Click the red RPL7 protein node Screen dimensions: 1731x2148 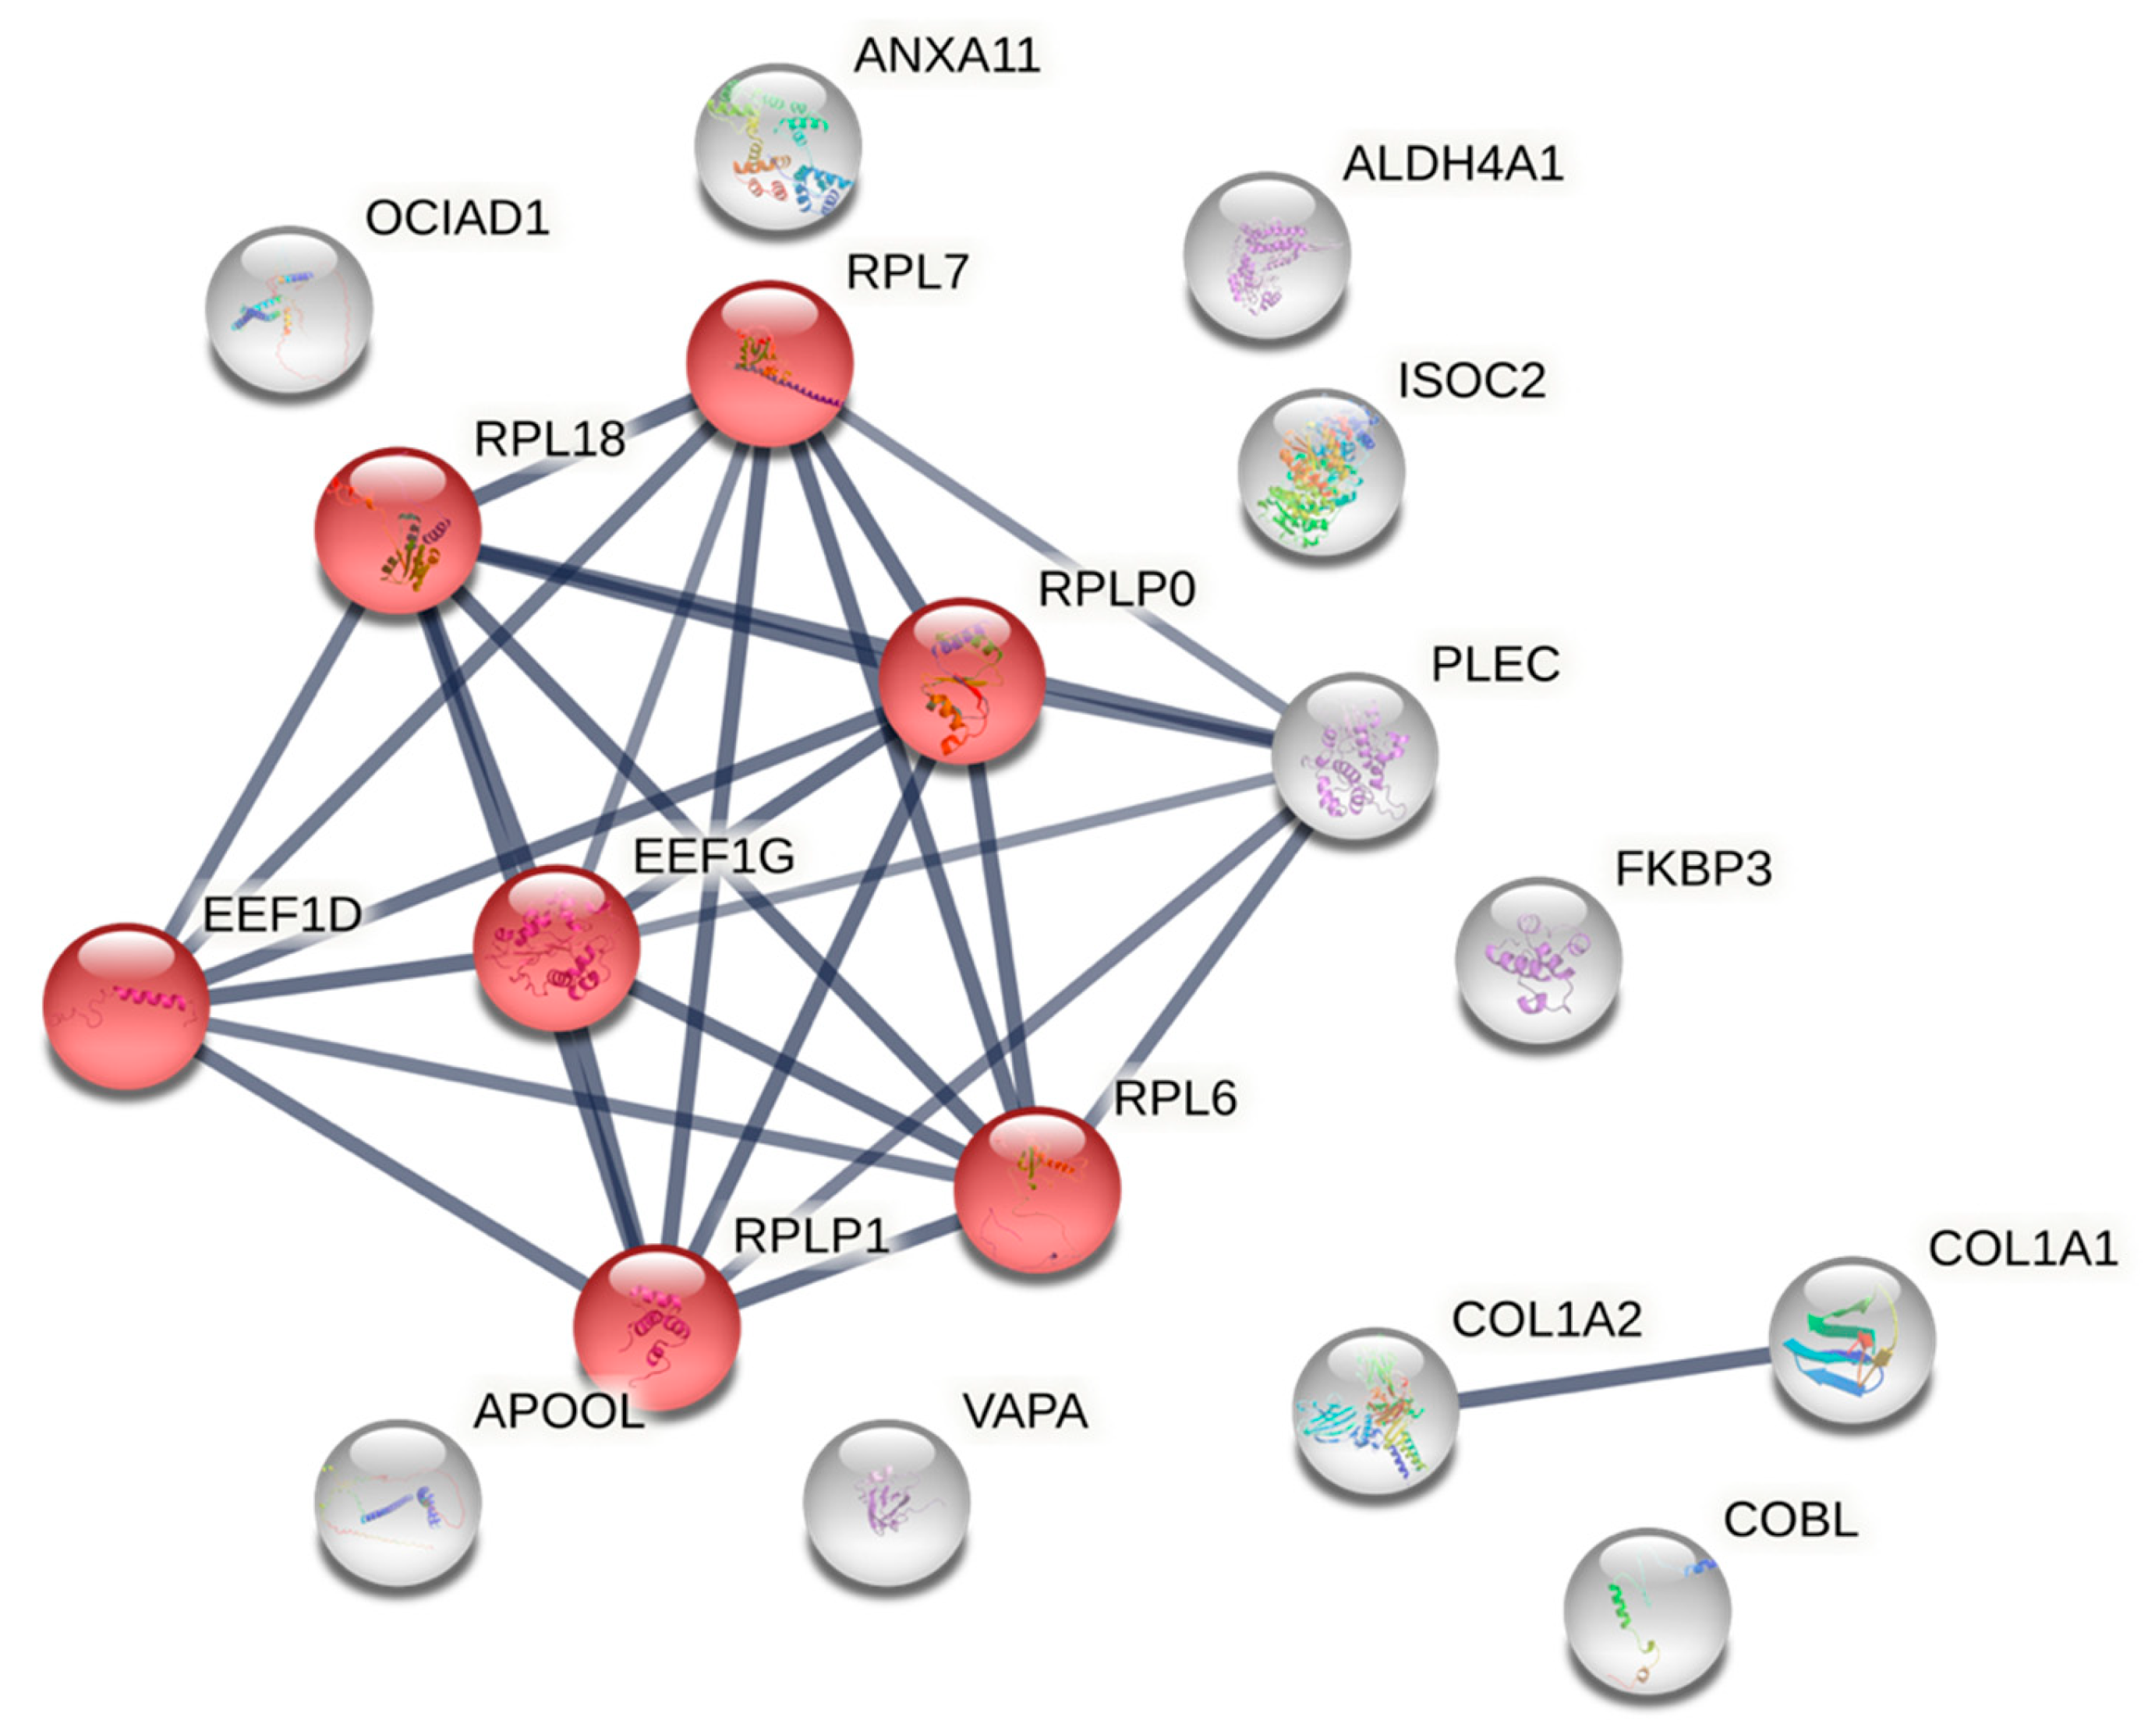(x=769, y=364)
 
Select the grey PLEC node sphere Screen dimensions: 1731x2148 (x=1354, y=756)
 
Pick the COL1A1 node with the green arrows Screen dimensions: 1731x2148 (x=1851, y=1341)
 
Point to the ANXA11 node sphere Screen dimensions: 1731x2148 (x=778, y=147)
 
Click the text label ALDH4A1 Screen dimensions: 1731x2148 (x=1452, y=164)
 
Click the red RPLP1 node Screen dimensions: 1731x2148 (x=656, y=1327)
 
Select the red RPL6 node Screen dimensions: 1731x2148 (x=1037, y=1189)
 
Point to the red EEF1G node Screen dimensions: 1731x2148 (x=555, y=947)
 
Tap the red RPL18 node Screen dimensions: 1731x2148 (x=397, y=531)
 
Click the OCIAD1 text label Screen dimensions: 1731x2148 (x=457, y=218)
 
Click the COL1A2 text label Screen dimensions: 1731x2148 (x=1545, y=1319)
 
